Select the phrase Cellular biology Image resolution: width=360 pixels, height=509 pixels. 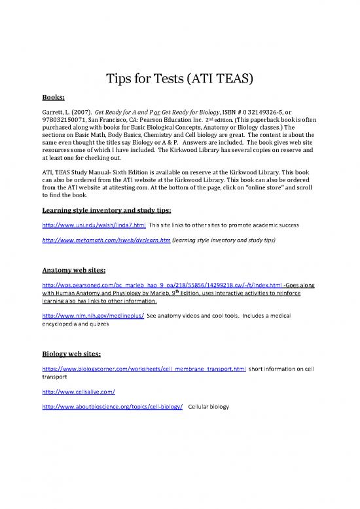[209, 407]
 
